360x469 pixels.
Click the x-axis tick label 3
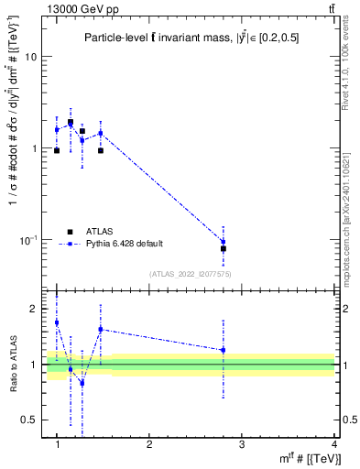pos(242,444)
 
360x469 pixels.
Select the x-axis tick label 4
pos(334,444)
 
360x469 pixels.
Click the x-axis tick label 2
pos(149,444)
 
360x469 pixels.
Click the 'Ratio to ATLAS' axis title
pos(13,365)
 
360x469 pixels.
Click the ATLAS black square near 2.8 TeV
pos(224,248)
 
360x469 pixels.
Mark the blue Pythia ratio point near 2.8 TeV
pos(224,350)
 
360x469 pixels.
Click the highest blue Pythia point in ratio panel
pos(57,322)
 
